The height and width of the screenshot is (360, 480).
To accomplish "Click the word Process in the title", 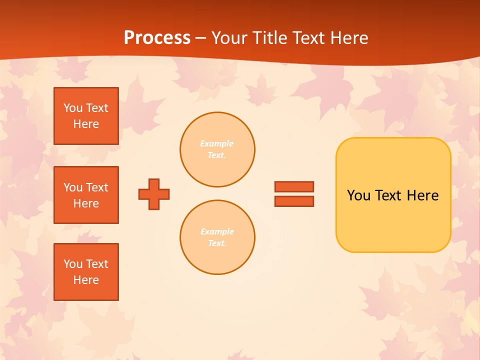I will click(157, 38).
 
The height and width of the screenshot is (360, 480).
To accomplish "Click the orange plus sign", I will click(154, 194).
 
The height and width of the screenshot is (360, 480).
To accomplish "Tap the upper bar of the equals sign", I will click(294, 186).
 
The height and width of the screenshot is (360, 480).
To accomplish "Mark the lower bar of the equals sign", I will click(294, 201).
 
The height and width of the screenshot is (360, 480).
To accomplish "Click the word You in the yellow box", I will click(359, 195).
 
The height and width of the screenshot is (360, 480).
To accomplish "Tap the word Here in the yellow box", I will click(422, 195).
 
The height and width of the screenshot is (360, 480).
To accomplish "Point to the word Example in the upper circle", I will click(217, 143).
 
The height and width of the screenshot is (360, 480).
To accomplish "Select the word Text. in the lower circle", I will click(217, 243).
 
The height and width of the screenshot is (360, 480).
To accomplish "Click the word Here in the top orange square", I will click(86, 124).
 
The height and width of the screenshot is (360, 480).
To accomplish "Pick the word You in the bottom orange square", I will click(73, 264).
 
